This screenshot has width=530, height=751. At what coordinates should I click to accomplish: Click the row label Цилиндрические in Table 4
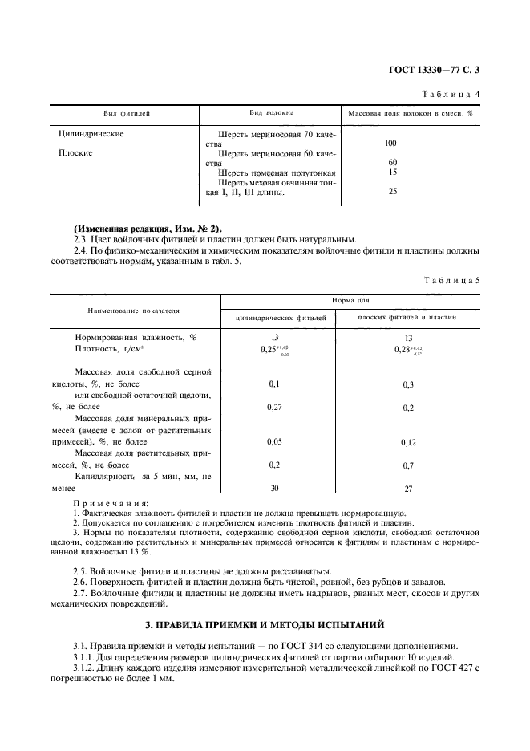(x=91, y=134)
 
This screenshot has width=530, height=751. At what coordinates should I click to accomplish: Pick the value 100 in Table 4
(x=391, y=144)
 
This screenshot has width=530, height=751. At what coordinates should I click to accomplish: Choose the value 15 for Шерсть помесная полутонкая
(x=392, y=172)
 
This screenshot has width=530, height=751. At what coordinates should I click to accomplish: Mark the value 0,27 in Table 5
(x=274, y=407)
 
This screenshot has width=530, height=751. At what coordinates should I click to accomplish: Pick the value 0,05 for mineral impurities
(x=274, y=441)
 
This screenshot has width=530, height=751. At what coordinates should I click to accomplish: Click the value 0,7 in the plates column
(x=408, y=465)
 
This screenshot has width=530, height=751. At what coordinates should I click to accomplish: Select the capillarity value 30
(x=274, y=488)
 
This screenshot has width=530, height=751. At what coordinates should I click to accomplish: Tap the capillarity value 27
(x=408, y=488)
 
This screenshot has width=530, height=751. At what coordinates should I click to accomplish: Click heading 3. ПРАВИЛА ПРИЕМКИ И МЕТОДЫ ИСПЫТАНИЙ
(x=265, y=623)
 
